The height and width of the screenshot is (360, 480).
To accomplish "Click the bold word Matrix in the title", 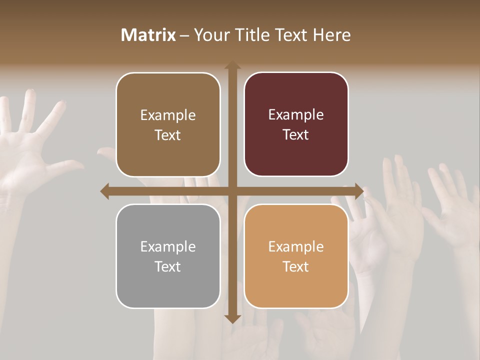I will tap(148, 35).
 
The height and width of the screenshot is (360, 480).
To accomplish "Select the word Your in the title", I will tap(209, 35).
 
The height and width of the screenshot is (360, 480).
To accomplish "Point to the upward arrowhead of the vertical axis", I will tap(232, 65).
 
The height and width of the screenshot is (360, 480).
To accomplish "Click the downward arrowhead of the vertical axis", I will tap(232, 318).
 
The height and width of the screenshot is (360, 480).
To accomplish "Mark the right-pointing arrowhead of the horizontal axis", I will tap(359, 191).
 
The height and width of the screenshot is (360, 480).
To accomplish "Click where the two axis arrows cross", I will tap(232, 191).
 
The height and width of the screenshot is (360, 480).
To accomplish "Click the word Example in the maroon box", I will tap(296, 114).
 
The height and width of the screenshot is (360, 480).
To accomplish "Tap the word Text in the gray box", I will tap(167, 266).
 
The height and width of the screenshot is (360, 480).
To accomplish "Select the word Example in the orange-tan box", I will tap(296, 246).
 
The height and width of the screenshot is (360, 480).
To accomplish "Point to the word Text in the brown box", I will tap(167, 135).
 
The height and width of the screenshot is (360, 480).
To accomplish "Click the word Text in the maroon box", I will tap(295, 134).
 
